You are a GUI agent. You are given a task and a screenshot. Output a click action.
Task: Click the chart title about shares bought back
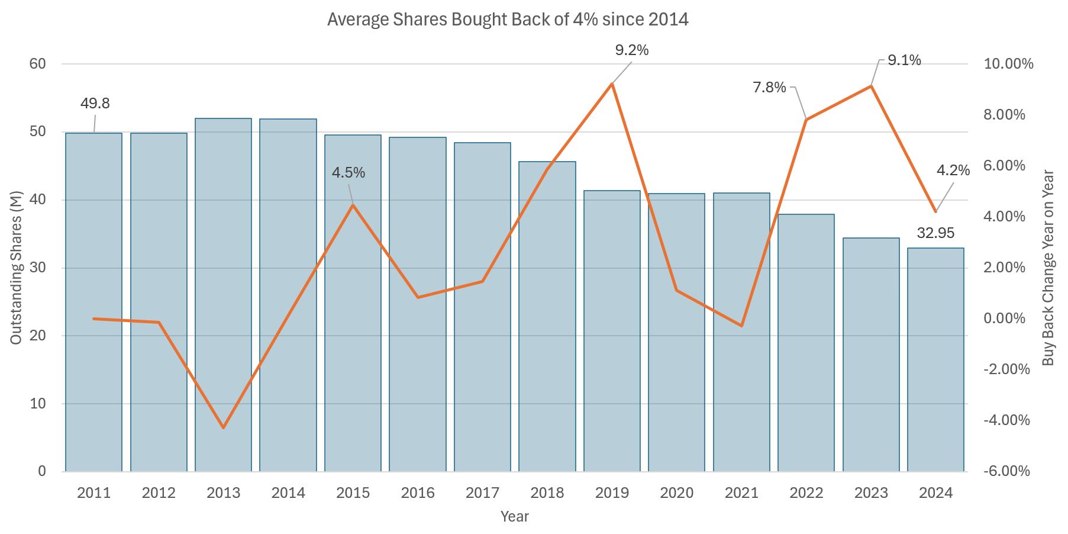508,20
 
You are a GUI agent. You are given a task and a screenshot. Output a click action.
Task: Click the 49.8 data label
95,104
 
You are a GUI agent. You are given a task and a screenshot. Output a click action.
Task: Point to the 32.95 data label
935,233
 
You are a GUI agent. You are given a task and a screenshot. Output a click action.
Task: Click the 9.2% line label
632,50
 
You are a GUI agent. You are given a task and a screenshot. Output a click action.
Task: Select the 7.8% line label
769,88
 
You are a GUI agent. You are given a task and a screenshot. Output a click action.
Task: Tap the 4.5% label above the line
349,173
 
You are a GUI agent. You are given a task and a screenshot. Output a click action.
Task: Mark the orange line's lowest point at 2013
224,427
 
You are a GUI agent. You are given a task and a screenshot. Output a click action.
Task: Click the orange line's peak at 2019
612,84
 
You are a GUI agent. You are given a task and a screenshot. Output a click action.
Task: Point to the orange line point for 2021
741,326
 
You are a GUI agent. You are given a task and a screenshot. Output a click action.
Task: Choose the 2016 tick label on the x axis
418,493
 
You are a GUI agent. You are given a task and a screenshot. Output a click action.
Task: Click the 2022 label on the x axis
806,493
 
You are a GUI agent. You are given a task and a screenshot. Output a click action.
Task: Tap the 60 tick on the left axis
38,64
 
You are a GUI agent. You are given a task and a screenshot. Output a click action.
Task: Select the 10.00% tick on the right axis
1008,64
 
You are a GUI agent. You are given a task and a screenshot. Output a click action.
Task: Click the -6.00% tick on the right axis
1006,471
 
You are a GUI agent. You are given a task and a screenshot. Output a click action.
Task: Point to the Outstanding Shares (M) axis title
16,267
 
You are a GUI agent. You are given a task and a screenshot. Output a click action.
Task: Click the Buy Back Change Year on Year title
1048,268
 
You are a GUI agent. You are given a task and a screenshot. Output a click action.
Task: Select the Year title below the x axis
514,516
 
